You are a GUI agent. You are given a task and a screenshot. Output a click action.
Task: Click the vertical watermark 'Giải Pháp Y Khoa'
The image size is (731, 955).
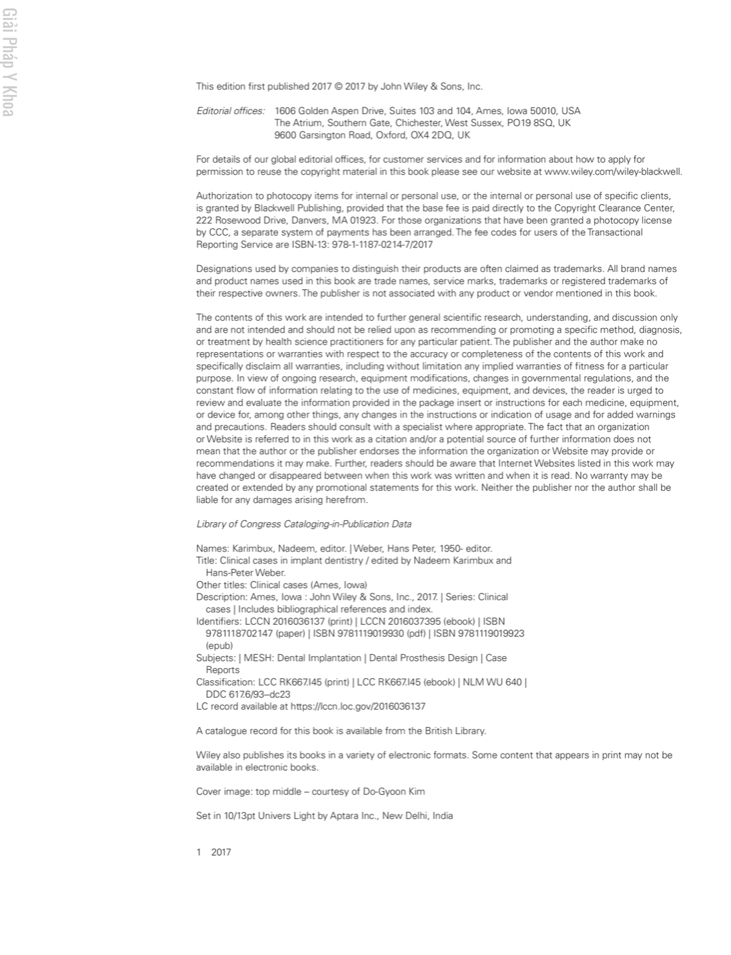tap(7, 63)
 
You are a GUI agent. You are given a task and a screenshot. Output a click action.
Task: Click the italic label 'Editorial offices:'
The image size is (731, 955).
tap(230, 111)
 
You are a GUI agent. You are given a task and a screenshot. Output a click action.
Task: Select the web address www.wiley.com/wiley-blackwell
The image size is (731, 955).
tap(613, 171)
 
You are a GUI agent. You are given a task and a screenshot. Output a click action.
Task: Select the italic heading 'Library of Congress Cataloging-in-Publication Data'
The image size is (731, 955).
tap(303, 524)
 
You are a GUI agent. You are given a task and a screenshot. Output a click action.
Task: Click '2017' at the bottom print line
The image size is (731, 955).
tap(221, 852)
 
